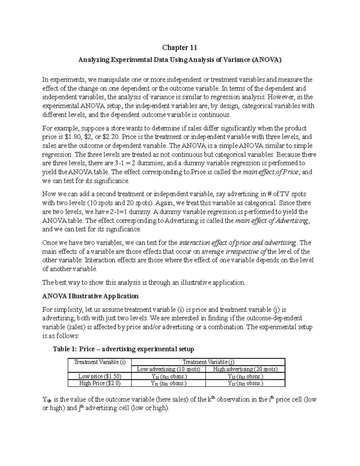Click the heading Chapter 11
coord(180,47)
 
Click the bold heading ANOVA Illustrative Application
coord(90,296)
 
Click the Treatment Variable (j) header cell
coord(208,362)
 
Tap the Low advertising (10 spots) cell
coord(168,369)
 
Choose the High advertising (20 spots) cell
coord(245,369)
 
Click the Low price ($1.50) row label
coord(100,376)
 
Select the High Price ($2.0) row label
coord(100,383)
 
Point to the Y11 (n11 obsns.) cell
coord(168,376)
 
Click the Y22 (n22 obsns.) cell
coord(245,383)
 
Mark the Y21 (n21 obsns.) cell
coord(168,383)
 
